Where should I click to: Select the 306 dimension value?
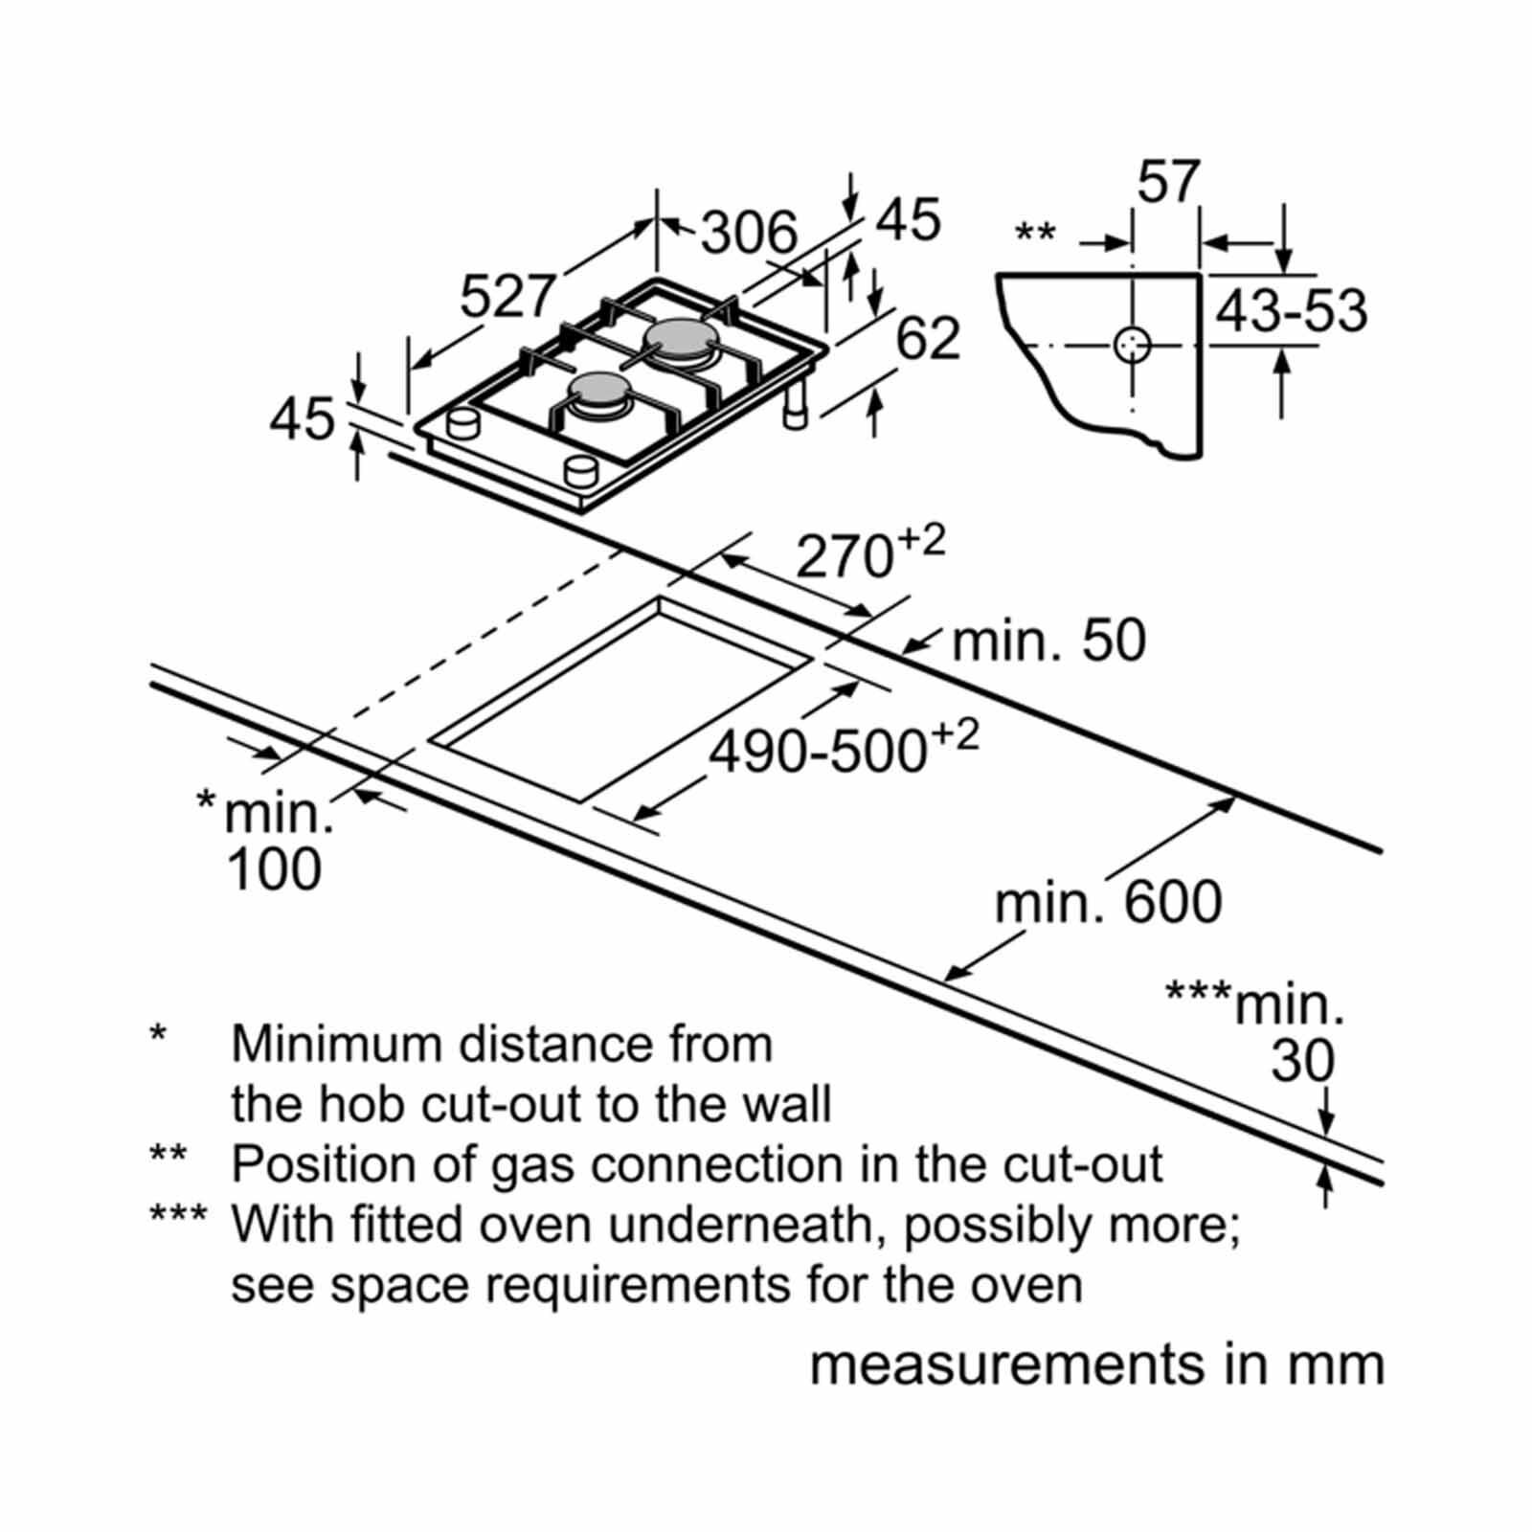pos(750,232)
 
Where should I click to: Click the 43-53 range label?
pos(1292,311)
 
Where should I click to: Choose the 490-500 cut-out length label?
pos(844,749)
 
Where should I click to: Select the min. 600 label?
pos(1109,903)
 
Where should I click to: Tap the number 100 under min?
pos(275,870)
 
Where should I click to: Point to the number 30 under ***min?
pos(1303,1061)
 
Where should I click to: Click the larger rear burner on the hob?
pos(681,339)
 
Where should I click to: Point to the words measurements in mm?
pos(1097,1364)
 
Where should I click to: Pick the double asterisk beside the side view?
pos(1035,232)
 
